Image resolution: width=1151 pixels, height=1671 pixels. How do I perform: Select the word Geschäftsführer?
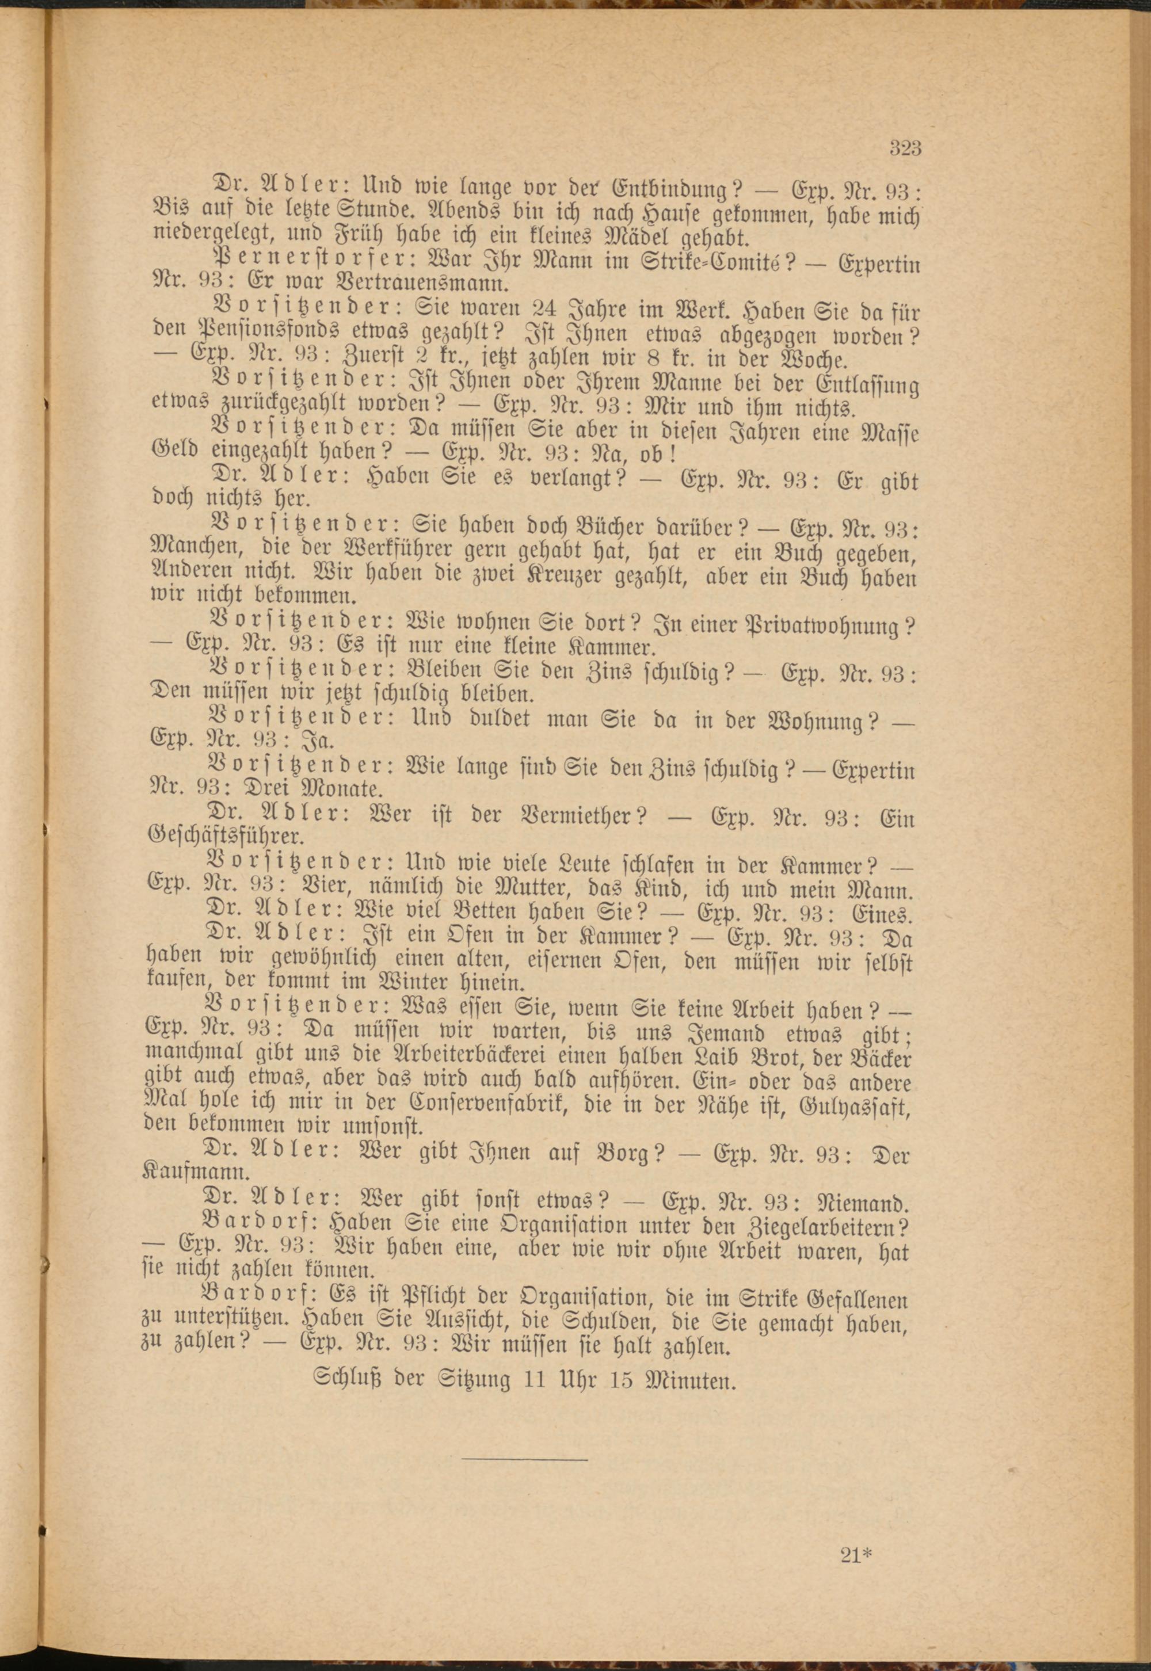click(225, 838)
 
